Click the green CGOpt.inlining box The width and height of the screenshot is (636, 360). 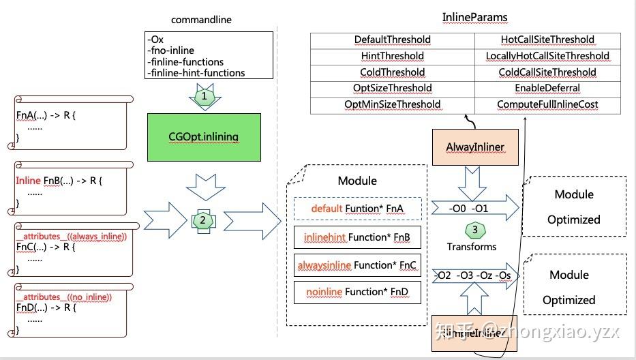point(203,136)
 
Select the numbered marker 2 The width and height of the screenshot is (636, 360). point(203,220)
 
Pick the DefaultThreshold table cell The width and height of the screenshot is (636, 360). point(393,40)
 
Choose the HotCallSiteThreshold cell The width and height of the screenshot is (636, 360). point(547,40)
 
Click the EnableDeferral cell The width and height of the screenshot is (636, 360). point(547,88)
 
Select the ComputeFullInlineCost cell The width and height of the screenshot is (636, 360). point(547,104)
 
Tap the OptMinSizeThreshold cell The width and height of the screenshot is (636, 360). point(393,104)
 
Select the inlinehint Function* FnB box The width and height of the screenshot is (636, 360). point(358,237)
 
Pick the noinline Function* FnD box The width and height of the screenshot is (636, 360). point(358,292)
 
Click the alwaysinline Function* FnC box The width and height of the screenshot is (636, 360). point(358,265)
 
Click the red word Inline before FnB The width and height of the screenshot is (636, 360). point(28,181)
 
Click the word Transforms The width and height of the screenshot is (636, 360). point(472,246)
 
